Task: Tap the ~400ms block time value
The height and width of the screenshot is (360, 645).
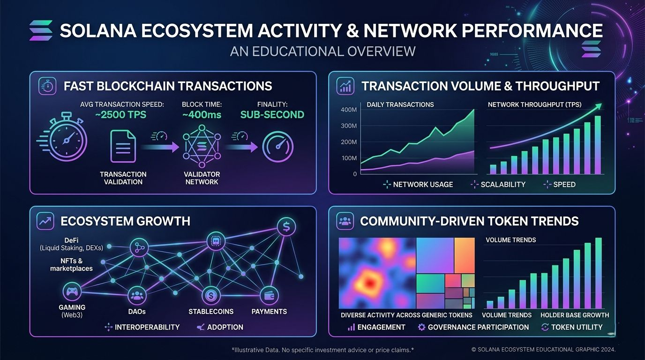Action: point(202,115)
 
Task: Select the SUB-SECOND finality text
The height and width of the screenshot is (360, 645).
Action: point(272,115)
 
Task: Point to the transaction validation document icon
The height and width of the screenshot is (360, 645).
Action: point(123,147)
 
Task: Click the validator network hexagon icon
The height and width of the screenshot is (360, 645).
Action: point(202,147)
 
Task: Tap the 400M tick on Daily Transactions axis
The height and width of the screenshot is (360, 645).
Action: point(349,110)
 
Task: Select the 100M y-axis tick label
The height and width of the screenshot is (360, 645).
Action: point(349,158)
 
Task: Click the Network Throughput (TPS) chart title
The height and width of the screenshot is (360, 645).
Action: point(534,105)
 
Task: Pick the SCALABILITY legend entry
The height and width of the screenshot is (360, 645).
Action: point(502,185)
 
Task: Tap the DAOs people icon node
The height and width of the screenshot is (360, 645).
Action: point(137,295)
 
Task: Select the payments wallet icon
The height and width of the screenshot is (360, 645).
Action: point(269,295)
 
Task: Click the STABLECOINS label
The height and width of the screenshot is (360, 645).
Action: point(211,311)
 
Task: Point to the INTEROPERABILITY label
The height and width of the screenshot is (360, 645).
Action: point(147,327)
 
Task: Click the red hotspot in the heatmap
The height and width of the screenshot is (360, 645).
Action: point(370,282)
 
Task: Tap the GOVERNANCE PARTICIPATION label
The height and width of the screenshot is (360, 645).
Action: point(478,327)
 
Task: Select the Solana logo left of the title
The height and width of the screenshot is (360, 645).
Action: point(40,30)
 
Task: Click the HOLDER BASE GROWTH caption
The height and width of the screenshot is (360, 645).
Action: point(574,315)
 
